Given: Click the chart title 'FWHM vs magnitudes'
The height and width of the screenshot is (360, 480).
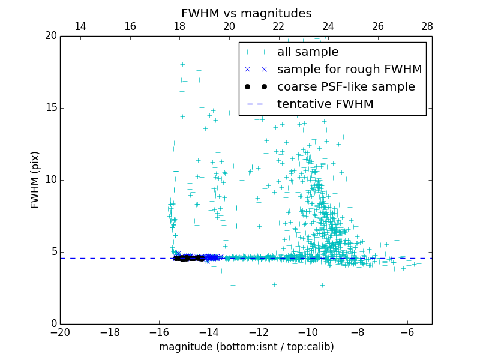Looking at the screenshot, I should (246, 13).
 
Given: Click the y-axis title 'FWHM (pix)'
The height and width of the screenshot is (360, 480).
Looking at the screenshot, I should (35, 179).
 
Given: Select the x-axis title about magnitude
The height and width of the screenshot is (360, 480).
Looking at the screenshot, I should (246, 347).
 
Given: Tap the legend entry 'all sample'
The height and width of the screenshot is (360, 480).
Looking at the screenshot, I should (308, 52).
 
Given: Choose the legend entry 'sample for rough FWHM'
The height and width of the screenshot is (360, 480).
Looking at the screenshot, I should (349, 70).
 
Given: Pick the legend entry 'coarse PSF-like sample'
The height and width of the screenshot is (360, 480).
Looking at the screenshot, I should (346, 87).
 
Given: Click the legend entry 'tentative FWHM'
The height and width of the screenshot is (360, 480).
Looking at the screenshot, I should (325, 104).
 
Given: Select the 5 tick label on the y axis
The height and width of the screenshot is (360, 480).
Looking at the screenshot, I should (52, 252).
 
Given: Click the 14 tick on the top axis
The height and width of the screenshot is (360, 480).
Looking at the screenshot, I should (80, 26).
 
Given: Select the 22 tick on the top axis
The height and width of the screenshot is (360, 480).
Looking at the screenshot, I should (278, 26).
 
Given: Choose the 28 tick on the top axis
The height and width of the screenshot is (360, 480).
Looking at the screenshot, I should (427, 26).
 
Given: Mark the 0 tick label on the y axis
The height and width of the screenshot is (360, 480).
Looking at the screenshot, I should (52, 324).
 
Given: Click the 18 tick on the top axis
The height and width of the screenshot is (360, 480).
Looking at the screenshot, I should (179, 26).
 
